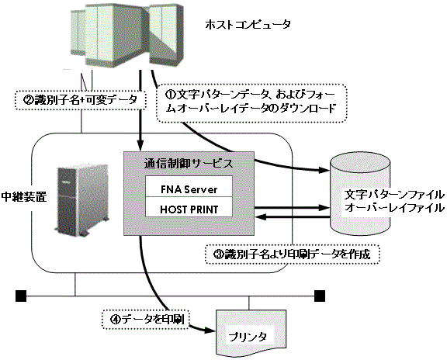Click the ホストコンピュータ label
(x=248, y=25)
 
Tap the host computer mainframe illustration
(x=126, y=36)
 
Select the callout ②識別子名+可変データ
(x=81, y=100)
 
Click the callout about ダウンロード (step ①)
(x=251, y=103)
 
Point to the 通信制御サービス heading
(x=189, y=164)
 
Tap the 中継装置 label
(x=23, y=196)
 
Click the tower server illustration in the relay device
(x=81, y=200)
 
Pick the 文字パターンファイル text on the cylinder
(x=394, y=195)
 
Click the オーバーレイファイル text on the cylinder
(x=394, y=207)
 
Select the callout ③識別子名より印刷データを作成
(x=293, y=254)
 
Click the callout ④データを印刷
(x=145, y=320)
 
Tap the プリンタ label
(x=248, y=337)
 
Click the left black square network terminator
(x=21, y=296)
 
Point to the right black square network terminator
(x=320, y=296)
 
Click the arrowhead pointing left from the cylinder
(x=260, y=217)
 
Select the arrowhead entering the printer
(x=210, y=331)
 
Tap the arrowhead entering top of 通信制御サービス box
(x=140, y=146)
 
